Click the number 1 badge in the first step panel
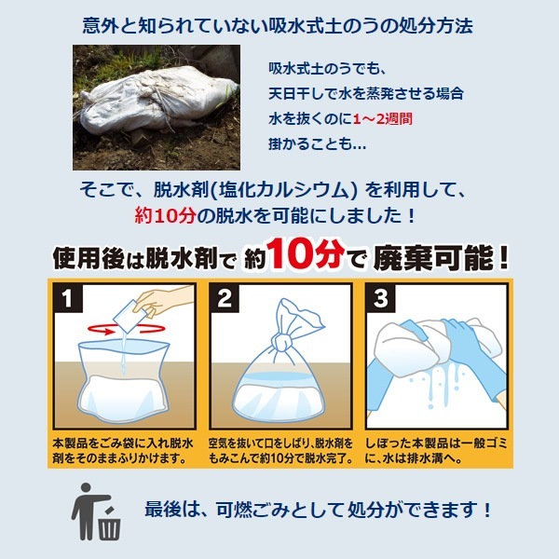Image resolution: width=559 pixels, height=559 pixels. coord(68,298)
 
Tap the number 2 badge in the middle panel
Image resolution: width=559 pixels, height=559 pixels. coord(225,298)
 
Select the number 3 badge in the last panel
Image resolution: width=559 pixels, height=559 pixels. coord(381,298)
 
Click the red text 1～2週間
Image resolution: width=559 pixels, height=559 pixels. coord(383,118)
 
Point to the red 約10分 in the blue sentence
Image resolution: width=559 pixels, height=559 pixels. coord(166,215)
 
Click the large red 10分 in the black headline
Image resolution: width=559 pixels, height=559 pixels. coord(306,253)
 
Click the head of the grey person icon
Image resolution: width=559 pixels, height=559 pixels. coord(86,488)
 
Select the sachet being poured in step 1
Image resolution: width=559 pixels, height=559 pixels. coord(130,317)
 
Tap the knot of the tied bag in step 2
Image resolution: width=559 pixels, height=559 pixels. coord(282,343)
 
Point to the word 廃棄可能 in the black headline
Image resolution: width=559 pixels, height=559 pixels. coord(434,257)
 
